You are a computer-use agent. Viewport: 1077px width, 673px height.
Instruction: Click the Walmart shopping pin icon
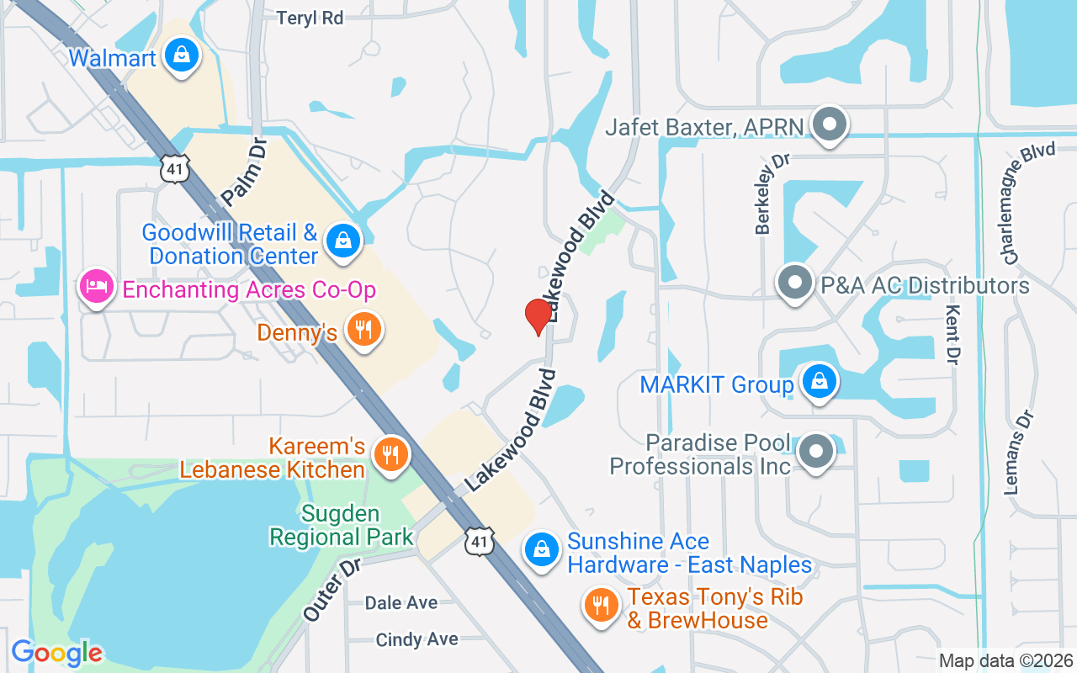pos(181,56)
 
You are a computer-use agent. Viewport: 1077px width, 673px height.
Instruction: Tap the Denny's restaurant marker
pos(364,329)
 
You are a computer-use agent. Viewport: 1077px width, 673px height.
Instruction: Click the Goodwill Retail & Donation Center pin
pos(343,241)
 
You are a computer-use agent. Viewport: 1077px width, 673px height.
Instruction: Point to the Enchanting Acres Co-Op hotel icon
pos(97,286)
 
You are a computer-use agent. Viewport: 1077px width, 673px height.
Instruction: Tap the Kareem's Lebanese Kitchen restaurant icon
pos(390,455)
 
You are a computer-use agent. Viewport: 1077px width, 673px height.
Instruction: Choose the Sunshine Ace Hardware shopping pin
pos(542,551)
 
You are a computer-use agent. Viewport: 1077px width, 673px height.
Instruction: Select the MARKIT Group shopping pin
pos(818,383)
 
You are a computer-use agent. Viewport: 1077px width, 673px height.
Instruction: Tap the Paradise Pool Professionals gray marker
pos(815,452)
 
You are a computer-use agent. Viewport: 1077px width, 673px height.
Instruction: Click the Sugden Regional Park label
pos(342,525)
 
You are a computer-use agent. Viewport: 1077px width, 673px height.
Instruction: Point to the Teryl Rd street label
pos(310,18)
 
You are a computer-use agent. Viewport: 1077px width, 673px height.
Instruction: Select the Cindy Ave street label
pos(417,640)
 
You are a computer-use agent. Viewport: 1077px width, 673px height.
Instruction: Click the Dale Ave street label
pos(401,603)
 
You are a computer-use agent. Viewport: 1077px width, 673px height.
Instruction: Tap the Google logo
pos(57,652)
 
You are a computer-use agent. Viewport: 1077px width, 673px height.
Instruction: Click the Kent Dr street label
pos(952,336)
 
